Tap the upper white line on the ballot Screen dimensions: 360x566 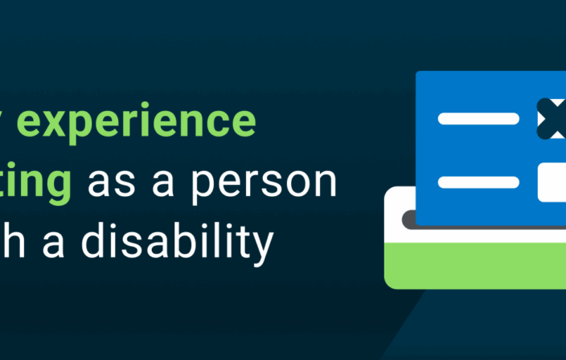[478, 119]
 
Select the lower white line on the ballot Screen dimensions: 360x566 [478, 182]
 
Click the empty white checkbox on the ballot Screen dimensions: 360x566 [552, 182]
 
